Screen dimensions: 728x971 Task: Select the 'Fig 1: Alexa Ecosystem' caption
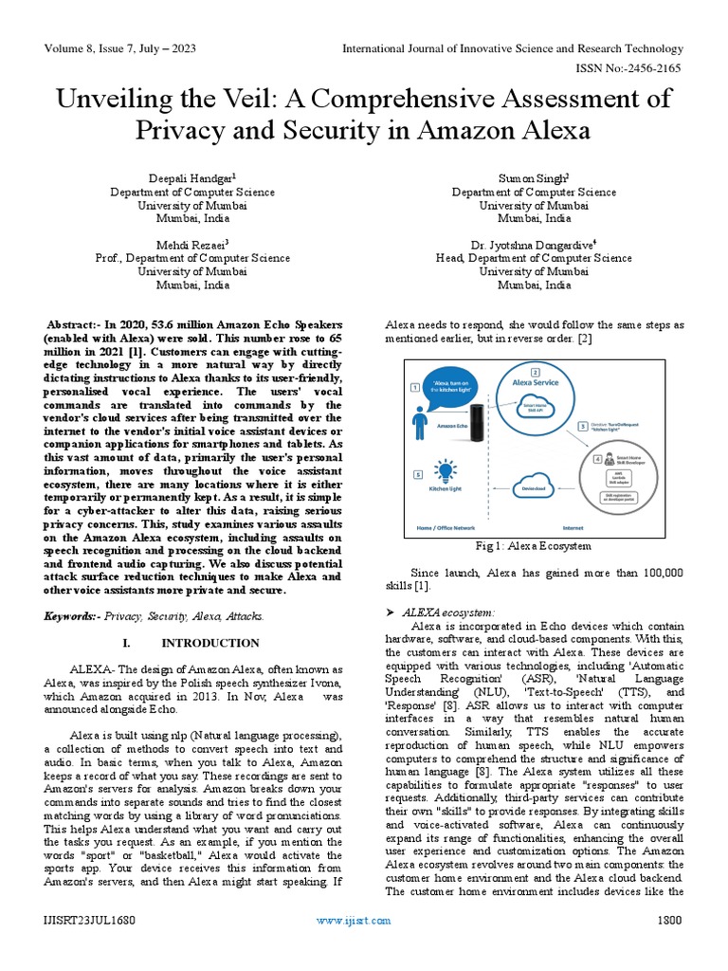coord(533,546)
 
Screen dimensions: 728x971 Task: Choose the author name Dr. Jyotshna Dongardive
coord(534,244)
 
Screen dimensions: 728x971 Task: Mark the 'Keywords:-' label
coord(73,616)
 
